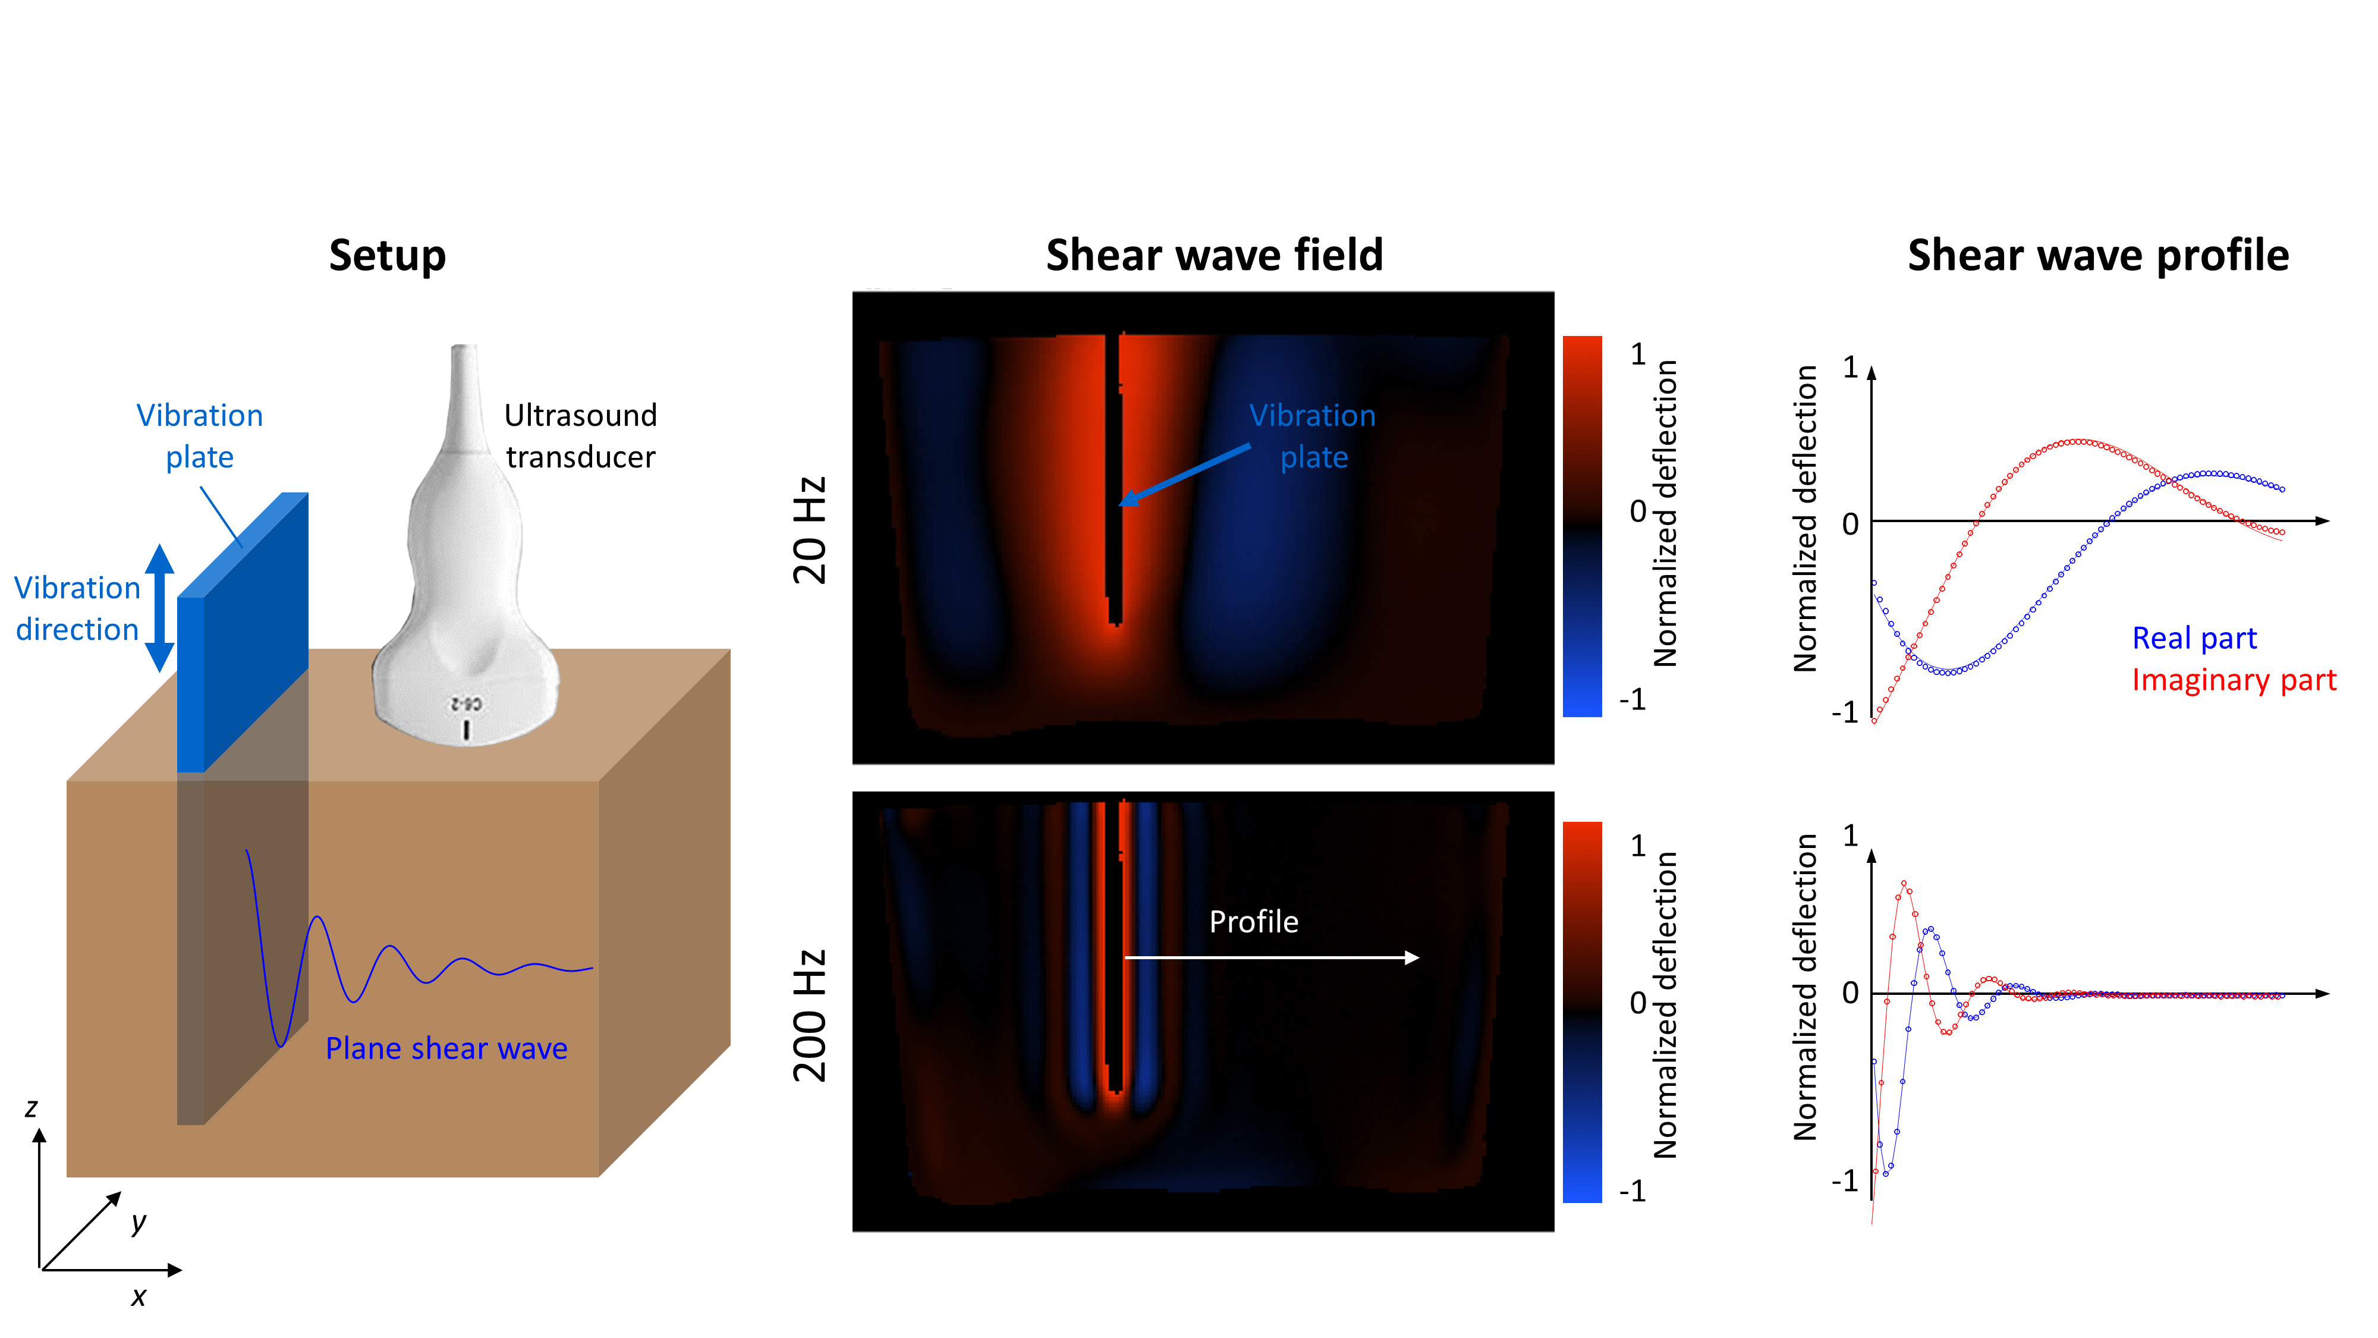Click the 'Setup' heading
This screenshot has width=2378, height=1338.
point(388,256)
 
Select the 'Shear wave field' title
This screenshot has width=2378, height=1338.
point(1215,255)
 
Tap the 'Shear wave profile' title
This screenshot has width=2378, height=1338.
point(2099,256)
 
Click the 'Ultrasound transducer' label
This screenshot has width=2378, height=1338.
point(581,436)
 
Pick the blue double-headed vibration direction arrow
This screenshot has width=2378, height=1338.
point(160,608)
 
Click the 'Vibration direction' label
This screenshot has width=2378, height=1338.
point(77,608)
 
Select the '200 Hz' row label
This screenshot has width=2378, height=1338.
point(810,1015)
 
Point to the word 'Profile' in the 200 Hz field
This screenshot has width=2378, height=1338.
point(1254,922)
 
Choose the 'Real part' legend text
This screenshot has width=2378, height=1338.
point(2194,638)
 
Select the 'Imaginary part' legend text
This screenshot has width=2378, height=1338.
point(2234,680)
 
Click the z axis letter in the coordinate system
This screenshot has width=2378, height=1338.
point(32,1107)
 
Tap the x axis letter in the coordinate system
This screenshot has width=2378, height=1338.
point(139,1296)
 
